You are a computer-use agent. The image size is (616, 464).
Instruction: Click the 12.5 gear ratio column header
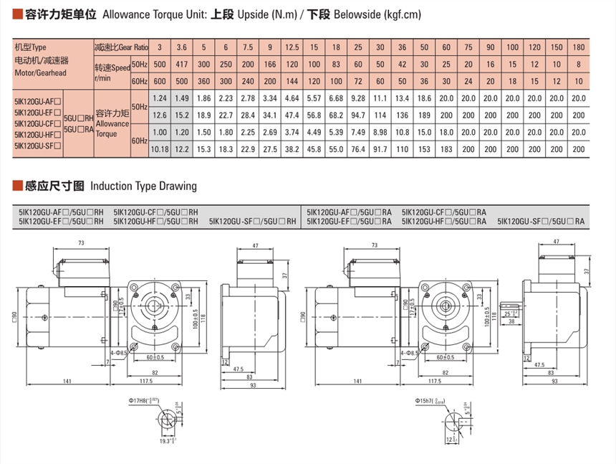[x=292, y=47]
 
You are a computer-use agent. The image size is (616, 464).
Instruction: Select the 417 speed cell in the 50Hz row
[x=182, y=65]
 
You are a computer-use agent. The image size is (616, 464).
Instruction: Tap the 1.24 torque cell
[x=159, y=98]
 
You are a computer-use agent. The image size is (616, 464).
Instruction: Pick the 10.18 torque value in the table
[x=159, y=148]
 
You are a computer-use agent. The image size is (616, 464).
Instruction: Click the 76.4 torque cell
[x=359, y=148]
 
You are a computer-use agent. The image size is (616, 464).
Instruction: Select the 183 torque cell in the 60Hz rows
[x=446, y=148]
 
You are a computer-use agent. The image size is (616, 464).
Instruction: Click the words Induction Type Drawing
[x=143, y=186]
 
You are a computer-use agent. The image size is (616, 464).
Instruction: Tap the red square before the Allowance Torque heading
[x=17, y=14]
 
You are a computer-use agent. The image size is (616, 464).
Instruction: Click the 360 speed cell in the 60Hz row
[x=203, y=81]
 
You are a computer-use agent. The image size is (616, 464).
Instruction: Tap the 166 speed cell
[x=269, y=65]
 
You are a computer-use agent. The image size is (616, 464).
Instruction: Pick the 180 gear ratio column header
[x=579, y=47]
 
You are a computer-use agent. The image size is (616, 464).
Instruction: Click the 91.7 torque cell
[x=380, y=148]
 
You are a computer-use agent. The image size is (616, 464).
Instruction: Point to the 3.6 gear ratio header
[x=182, y=47]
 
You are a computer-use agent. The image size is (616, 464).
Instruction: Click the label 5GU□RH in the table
[x=79, y=118]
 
